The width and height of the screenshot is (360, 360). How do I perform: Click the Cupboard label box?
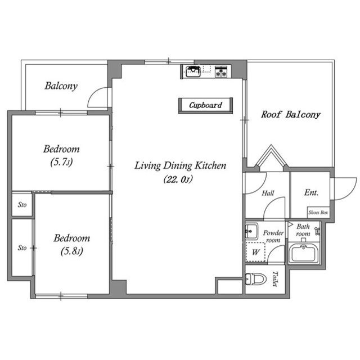[x=205, y=105]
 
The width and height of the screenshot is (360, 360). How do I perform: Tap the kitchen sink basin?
[x=193, y=71]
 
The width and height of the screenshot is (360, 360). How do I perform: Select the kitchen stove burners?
[x=221, y=71]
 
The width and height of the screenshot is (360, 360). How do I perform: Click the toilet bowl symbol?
[x=255, y=279]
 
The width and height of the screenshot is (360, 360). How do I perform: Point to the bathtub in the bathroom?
[x=303, y=253]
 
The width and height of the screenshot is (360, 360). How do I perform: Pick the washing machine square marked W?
[x=255, y=252]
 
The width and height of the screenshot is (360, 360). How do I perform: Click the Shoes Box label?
[x=318, y=213]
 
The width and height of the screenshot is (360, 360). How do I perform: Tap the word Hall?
[x=268, y=193]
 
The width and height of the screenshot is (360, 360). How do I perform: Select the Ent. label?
[x=311, y=192]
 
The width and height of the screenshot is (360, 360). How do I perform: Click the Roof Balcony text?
[x=291, y=115]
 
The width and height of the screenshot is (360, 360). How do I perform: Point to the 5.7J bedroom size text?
[x=61, y=162]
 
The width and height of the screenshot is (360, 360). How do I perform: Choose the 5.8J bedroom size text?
[x=72, y=251]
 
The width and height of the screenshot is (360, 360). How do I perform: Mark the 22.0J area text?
[x=178, y=179]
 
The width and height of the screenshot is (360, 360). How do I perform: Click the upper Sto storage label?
[x=22, y=205]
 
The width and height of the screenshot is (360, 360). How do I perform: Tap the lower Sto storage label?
[x=22, y=247]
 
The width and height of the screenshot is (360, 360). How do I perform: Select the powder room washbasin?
[x=251, y=231]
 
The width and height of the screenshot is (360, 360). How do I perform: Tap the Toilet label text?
[x=275, y=279]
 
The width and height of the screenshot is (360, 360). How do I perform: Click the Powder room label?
[x=273, y=236]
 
